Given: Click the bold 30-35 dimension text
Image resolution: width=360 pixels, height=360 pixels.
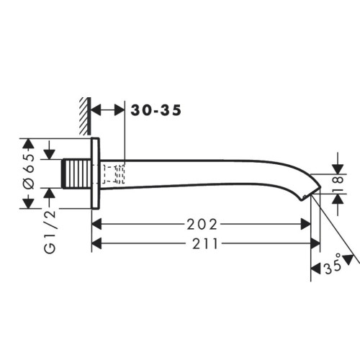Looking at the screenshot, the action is [156, 110].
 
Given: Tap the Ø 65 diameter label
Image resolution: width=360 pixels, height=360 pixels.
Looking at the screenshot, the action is [30, 171].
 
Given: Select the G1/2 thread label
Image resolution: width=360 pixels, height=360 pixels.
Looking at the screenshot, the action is [50, 232].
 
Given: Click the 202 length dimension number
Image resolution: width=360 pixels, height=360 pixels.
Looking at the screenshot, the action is [202, 225].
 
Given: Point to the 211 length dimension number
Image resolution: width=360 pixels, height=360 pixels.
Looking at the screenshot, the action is [205, 244].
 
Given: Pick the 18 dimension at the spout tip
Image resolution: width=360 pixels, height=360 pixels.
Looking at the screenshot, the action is [338, 184].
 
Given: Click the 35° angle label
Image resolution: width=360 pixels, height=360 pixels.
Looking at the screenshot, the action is [333, 266].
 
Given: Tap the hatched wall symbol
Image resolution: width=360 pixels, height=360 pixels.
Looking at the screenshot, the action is [86, 116].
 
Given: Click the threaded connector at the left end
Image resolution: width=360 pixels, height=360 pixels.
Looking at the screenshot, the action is [77, 174].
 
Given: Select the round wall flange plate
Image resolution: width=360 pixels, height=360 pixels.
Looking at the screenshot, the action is [95, 173].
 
